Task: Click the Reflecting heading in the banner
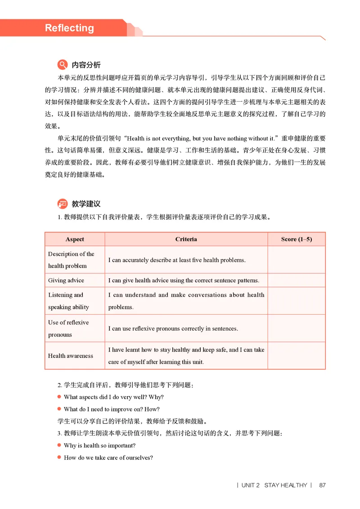point(69,28)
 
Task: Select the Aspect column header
point(75,239)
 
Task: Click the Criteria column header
point(186,239)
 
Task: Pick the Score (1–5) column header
point(296,239)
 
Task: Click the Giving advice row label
point(66,281)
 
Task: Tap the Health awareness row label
point(71,356)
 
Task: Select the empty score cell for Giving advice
point(296,281)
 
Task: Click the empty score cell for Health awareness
point(296,356)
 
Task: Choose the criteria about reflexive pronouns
point(173,329)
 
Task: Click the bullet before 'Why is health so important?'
point(59,445)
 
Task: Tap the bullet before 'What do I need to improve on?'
point(59,409)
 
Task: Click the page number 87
point(322,485)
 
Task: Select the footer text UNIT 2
point(251,485)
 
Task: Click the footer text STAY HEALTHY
point(285,485)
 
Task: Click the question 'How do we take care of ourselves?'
point(108,458)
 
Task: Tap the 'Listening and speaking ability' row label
point(69,301)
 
